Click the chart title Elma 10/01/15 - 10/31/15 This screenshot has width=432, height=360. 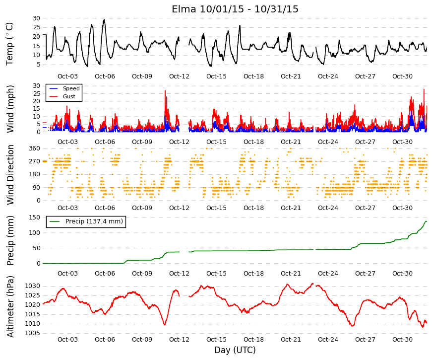pyautogui.click(x=235, y=9)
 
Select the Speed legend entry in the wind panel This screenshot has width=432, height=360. pyautogui.click(x=71, y=88)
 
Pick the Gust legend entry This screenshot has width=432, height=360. pyautogui.click(x=69, y=96)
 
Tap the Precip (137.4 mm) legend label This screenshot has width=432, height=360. pyautogui.click(x=94, y=221)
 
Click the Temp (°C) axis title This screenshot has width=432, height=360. pyautogui.click(x=9, y=44)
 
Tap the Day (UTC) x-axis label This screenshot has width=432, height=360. pyautogui.click(x=235, y=350)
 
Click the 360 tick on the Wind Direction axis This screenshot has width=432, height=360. pyautogui.click(x=34, y=148)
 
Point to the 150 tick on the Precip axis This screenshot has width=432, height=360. pyautogui.click(x=34, y=217)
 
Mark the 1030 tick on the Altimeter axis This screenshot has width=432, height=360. pyautogui.click(x=33, y=286)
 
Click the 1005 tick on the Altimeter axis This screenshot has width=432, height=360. pyautogui.click(x=33, y=333)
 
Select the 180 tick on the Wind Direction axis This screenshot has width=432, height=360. pyautogui.click(x=34, y=174)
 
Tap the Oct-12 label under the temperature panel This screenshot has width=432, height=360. pyautogui.click(x=179, y=76)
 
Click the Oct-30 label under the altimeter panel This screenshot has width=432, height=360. pyautogui.click(x=402, y=340)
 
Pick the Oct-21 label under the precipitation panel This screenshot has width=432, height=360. pyautogui.click(x=291, y=274)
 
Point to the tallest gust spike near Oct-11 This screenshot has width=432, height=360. pyautogui.click(x=165, y=91)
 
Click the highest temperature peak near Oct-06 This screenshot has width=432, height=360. pyautogui.click(x=104, y=19)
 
